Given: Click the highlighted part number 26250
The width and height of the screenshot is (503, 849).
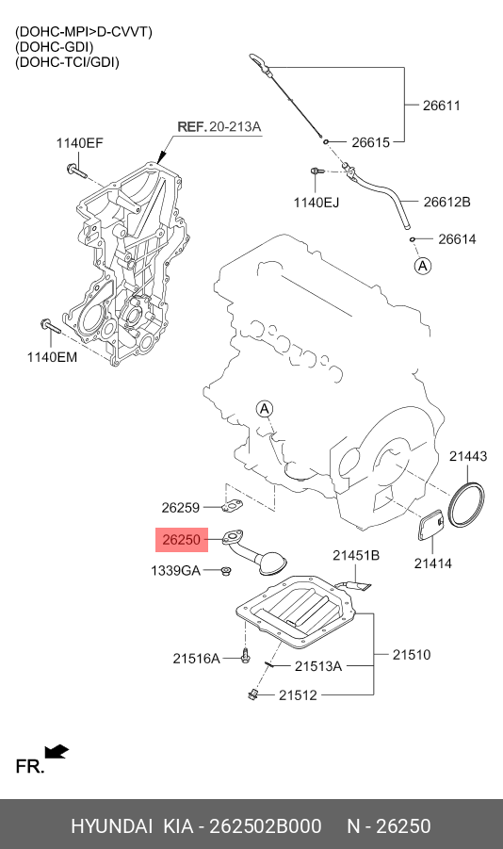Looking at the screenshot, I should pos(181,540).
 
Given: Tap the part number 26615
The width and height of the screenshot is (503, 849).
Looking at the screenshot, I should pos(371,143).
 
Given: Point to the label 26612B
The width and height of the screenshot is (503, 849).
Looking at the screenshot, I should pos(446,202).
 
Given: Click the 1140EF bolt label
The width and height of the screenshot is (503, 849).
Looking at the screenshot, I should pos(79,143).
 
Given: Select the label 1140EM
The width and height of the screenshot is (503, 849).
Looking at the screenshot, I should pos(52,358).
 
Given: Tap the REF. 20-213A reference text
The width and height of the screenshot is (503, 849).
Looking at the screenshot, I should pos(219,126).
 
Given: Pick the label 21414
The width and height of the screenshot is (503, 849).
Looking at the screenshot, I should pos(432,563).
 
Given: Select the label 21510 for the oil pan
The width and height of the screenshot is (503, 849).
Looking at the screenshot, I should pos(411,653).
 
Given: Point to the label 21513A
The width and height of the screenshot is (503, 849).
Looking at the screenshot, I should pos(317,666).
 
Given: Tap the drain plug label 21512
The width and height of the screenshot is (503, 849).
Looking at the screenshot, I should pos(298,695).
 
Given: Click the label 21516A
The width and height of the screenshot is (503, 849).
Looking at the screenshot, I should pos(196,659).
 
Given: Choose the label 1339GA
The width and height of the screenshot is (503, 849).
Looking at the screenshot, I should pos(176,571).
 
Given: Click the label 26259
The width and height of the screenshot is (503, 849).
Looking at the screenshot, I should pos(180,507).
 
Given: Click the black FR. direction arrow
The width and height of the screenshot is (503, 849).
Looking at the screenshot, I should pos(57,750).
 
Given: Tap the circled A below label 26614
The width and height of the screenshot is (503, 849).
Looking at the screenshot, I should pos(423,267).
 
